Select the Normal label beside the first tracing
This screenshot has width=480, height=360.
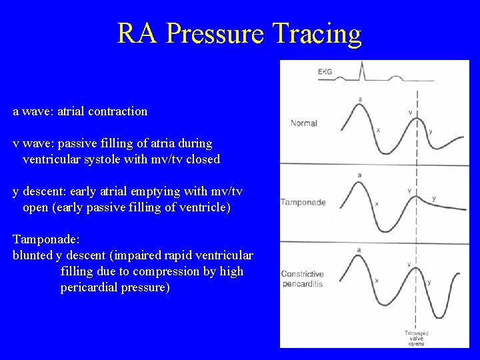[x=303, y=123]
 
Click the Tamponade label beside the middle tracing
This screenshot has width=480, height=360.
[x=303, y=202]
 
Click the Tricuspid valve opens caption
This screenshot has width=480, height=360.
[x=417, y=337]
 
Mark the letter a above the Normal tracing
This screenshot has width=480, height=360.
[x=360, y=99]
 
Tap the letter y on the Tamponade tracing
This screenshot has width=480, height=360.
[x=434, y=198]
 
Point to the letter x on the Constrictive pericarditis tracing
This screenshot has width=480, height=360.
[x=377, y=281]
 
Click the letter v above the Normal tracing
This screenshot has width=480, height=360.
[x=409, y=112]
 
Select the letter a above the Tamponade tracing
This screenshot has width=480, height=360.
[x=360, y=175]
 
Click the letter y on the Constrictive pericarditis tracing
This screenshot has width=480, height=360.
[x=429, y=282]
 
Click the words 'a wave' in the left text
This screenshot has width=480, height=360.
[x=33, y=111]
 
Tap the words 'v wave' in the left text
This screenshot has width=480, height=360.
[x=33, y=143]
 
